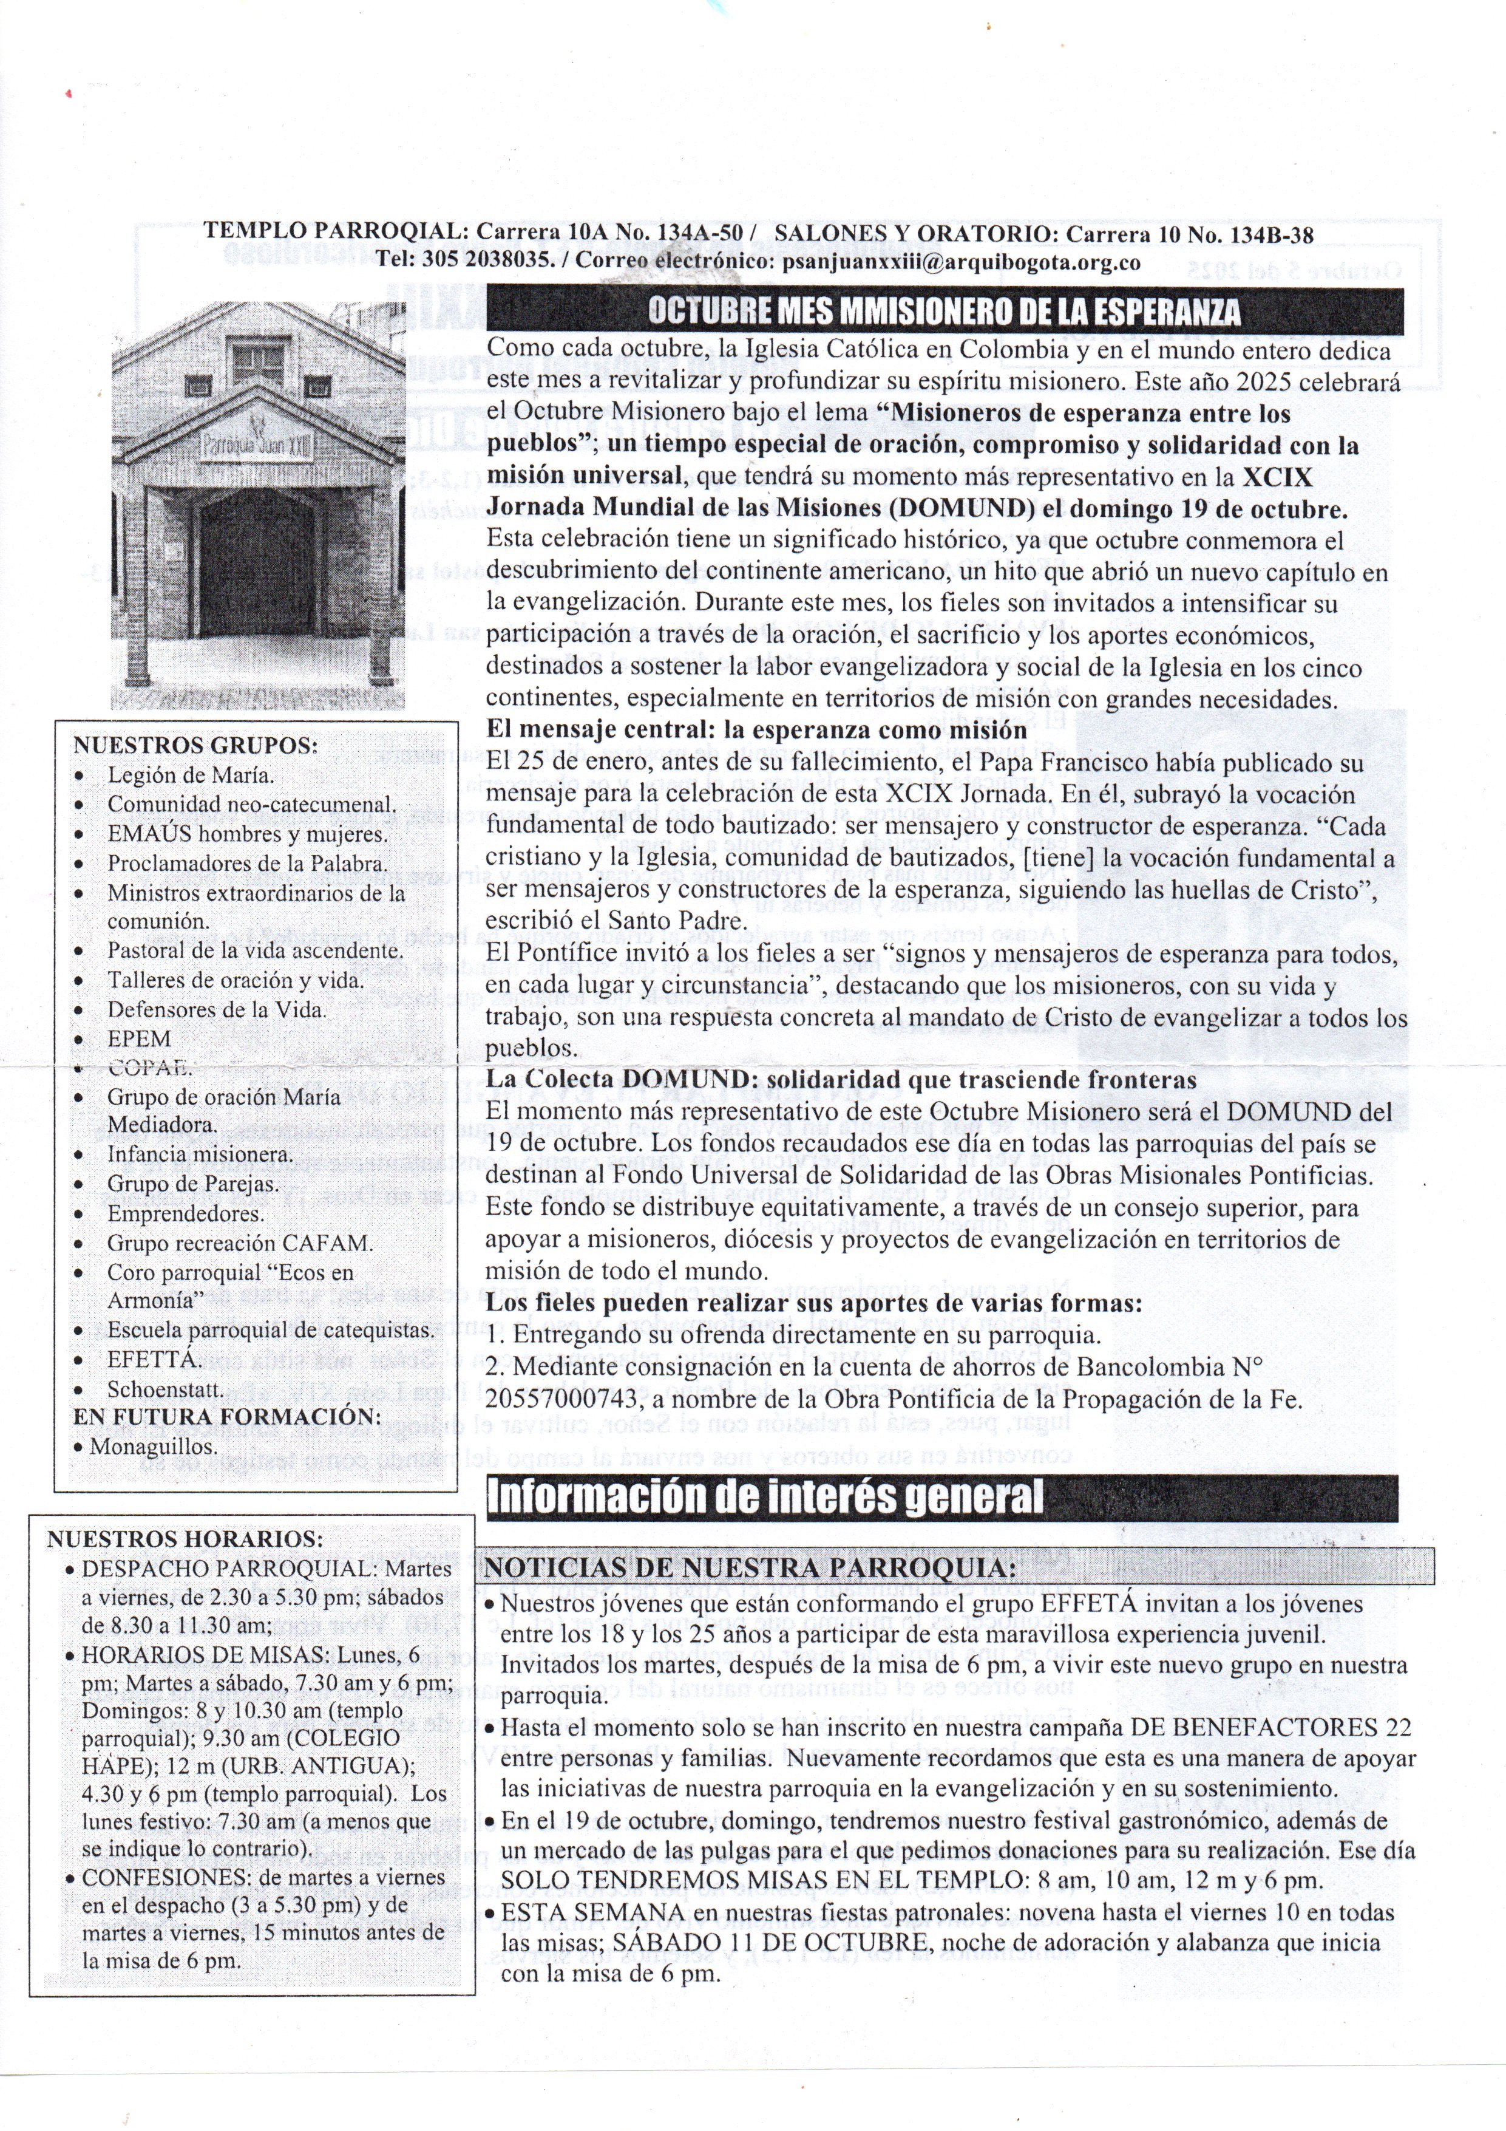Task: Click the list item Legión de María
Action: tap(191, 775)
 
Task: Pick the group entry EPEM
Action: tap(139, 1038)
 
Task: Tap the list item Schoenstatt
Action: tap(165, 1390)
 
